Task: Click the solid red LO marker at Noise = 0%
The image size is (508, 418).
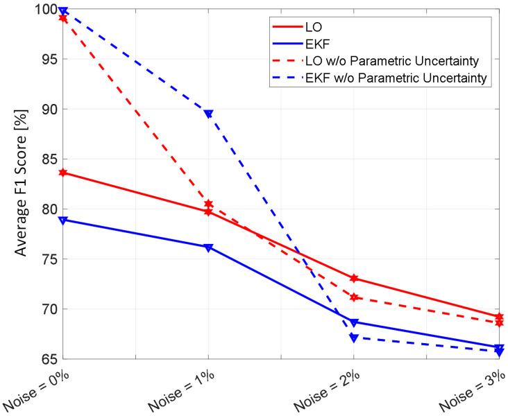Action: pos(63,172)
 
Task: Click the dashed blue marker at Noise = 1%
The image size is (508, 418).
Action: pos(208,114)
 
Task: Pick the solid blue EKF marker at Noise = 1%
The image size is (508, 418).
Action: pos(208,247)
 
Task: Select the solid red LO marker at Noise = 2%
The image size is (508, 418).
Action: pos(353,278)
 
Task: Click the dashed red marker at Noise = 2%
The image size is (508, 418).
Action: pos(353,297)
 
